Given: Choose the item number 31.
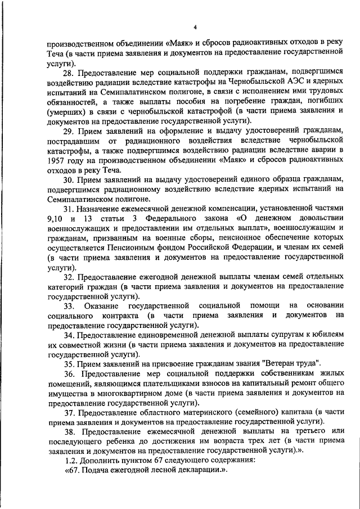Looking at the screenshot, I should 69,208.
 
